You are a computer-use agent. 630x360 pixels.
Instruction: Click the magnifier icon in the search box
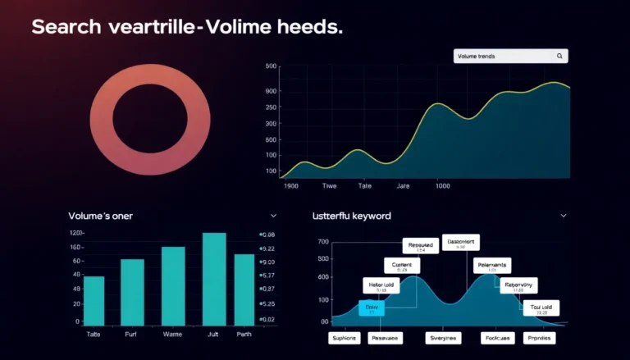[559, 57]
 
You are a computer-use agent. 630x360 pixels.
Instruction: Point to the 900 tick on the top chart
[271, 91]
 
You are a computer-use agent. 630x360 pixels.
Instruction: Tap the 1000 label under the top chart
[443, 186]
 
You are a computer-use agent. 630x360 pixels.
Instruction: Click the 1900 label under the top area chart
[290, 186]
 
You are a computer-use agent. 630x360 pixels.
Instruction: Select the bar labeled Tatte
[94, 299]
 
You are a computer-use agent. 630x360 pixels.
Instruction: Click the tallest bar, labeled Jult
[214, 278]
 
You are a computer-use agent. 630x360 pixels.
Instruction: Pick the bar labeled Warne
[173, 285]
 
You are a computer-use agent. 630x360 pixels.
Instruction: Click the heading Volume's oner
[100, 216]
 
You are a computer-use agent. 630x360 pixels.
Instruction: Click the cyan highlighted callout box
[371, 308]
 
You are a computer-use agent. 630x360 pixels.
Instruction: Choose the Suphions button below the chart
[344, 338]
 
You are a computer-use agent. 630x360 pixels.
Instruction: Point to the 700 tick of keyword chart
[322, 242]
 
